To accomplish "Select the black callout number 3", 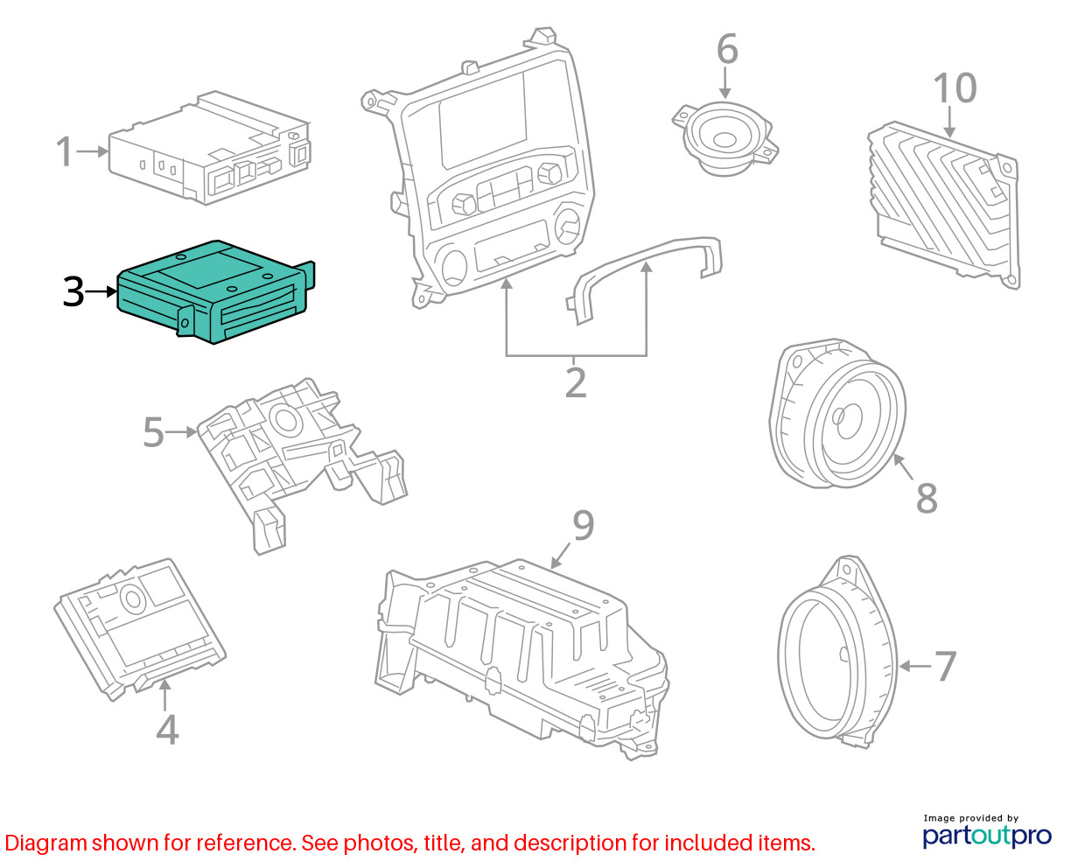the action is (x=73, y=291).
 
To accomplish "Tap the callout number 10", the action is (x=955, y=88).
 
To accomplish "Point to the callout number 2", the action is (x=576, y=382).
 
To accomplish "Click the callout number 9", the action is (x=584, y=525).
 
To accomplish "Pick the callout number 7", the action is (x=945, y=666).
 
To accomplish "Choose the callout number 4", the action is (x=167, y=730).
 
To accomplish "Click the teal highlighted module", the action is (x=216, y=291).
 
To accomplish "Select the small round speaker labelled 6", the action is (x=725, y=138).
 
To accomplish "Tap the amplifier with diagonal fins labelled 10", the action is (x=944, y=205).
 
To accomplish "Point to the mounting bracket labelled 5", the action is (x=302, y=465).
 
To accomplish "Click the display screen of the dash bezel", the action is (x=484, y=122).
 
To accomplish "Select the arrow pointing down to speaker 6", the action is (x=724, y=82).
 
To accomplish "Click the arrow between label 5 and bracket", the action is (x=180, y=431).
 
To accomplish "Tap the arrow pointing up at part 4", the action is (x=164, y=695).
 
